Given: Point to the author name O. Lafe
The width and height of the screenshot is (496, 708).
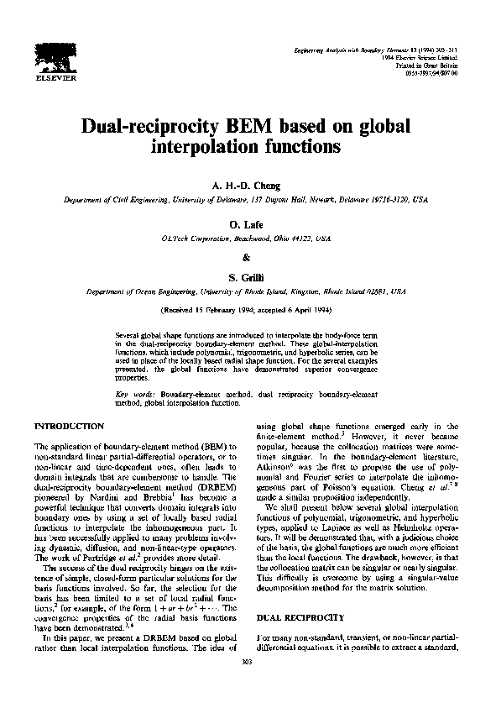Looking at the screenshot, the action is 247,226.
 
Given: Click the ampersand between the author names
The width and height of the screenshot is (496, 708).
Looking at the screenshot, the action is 247,257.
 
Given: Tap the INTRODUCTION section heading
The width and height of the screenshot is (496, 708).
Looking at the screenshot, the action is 69,427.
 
